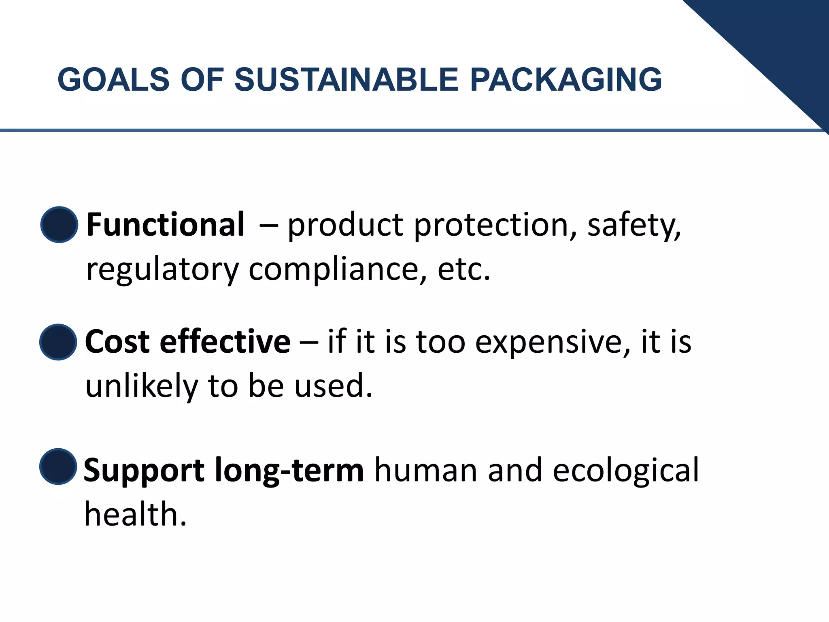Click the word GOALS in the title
(x=113, y=79)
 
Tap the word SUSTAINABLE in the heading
(x=346, y=79)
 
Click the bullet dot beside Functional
(x=59, y=225)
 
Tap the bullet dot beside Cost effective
(x=58, y=342)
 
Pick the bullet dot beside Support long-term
(x=58, y=466)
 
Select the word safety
(x=634, y=226)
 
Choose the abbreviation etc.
(x=464, y=270)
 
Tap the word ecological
(x=625, y=471)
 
